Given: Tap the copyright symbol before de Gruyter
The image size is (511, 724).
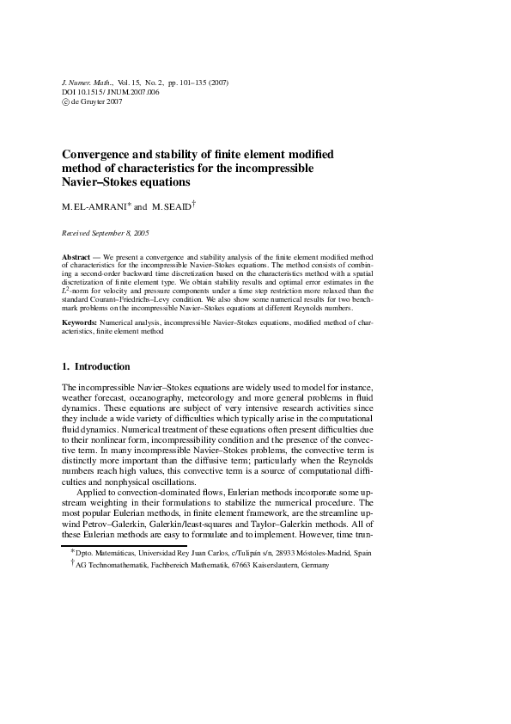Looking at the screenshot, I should coord(65,101).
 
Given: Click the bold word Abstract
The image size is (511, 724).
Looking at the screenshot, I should coord(77,257).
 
